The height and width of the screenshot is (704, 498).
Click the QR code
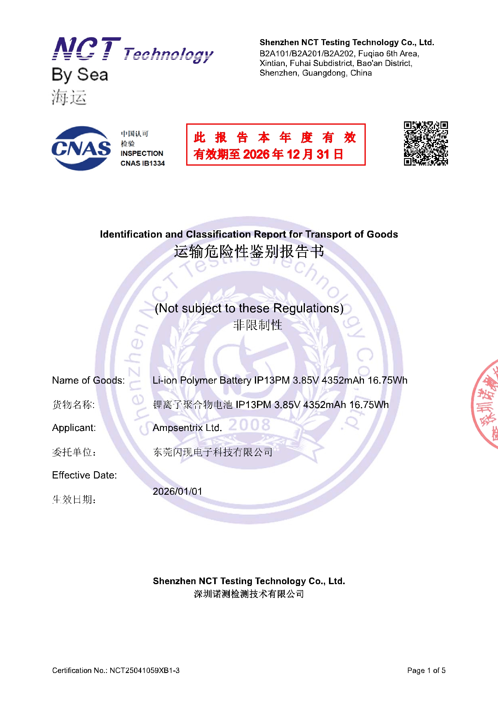pos(426,143)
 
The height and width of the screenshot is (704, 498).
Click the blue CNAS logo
pos(81,148)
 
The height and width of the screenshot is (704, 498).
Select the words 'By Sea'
pos(80,75)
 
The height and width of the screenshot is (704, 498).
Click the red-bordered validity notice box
pos(276,145)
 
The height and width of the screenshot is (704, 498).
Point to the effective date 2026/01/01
pos(177,491)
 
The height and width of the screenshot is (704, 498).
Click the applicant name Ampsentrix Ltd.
pos(187,428)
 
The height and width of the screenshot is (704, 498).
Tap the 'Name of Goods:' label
pos(88,380)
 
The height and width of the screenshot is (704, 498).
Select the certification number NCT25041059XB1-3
pos(144,670)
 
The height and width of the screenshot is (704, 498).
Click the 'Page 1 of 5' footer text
pos(426,670)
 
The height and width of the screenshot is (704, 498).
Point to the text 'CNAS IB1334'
pos(143,164)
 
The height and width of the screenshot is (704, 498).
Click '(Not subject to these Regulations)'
pos(249,308)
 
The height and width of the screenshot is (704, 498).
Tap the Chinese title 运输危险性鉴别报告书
pos(249,252)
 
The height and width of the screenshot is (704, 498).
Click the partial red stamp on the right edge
pos(486,405)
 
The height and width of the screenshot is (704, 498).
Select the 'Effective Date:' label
pos(84,475)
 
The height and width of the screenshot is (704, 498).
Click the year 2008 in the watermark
pos(249,425)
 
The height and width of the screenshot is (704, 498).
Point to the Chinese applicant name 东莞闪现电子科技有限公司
pos(213,452)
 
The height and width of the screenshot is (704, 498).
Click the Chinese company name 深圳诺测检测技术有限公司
pos(249,594)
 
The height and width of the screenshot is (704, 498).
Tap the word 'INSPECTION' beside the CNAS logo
pos(142,153)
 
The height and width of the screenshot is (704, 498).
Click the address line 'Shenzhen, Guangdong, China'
pos(315,73)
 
